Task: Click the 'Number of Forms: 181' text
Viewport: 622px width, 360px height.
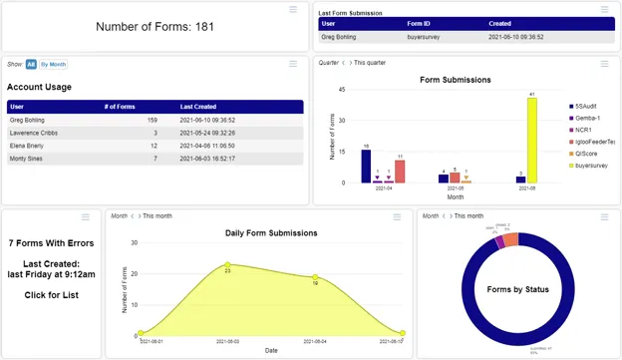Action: coord(154,27)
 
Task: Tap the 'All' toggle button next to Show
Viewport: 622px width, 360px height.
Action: coord(31,64)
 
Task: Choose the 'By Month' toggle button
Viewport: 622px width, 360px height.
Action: coord(54,64)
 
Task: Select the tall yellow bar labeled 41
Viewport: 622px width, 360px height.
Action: coord(533,140)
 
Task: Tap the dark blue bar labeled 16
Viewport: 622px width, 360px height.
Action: coord(366,166)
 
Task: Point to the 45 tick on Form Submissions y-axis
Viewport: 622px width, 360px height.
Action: coord(342,90)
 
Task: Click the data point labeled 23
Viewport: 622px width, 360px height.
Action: coord(228,264)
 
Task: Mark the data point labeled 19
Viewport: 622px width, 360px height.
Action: coord(315,277)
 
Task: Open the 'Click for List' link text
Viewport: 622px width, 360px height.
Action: coord(50,295)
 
